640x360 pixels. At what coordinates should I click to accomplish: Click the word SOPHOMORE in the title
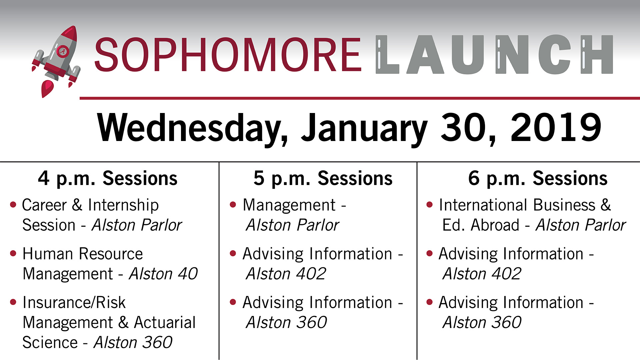228,55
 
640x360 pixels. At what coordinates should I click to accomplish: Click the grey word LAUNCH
494,55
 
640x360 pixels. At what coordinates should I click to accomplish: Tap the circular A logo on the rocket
62,51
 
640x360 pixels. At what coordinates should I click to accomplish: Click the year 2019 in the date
556,127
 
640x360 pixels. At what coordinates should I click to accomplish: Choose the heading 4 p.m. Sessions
108,179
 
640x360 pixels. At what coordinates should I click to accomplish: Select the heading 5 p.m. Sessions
323,179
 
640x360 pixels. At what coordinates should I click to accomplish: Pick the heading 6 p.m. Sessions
538,179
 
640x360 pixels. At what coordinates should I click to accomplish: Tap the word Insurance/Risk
74,303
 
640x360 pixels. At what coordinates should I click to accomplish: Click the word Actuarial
165,322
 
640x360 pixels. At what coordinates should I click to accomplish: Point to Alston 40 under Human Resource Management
163,274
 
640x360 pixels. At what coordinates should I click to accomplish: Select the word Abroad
495,225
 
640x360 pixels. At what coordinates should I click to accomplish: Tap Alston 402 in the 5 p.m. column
286,274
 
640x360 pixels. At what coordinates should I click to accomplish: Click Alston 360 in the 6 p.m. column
482,322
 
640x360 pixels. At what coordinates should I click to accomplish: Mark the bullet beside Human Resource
13,253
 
